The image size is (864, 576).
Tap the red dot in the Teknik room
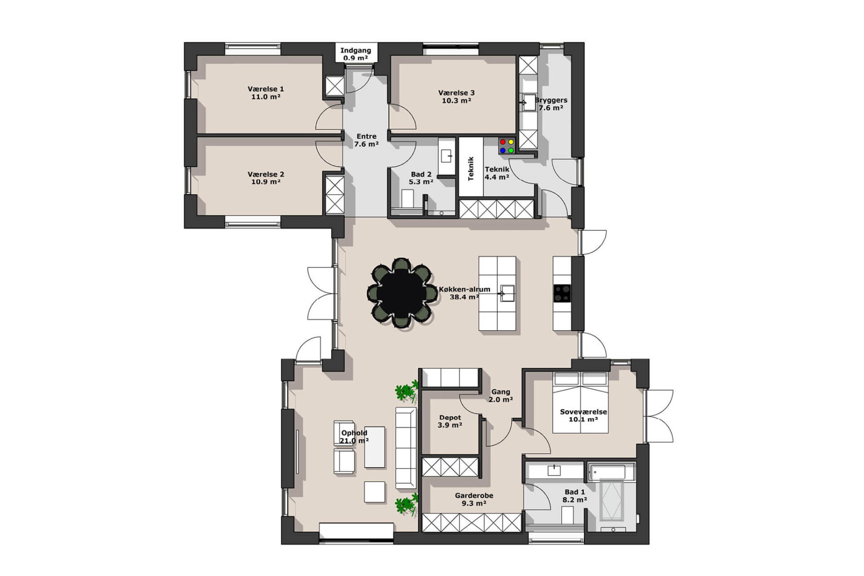(503, 142)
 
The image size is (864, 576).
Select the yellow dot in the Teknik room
(511, 142)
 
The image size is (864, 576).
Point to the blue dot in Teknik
(503, 150)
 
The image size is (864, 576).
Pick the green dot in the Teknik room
(511, 150)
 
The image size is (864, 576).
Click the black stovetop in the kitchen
(562, 293)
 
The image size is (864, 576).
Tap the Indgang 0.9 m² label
(356, 54)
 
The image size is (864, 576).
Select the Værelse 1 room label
(266, 93)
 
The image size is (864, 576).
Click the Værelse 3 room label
(456, 96)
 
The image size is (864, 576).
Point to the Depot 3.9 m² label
(450, 421)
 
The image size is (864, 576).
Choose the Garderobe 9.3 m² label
(474, 499)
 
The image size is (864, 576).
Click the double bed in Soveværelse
(581, 402)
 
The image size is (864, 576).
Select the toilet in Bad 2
(408, 198)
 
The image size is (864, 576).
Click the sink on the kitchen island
(507, 293)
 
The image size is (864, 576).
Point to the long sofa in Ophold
(406, 448)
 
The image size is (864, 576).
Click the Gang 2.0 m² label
(501, 396)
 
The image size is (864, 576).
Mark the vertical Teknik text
(471, 168)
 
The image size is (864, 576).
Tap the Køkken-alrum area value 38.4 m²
(464, 297)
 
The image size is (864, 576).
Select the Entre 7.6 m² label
(366, 140)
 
